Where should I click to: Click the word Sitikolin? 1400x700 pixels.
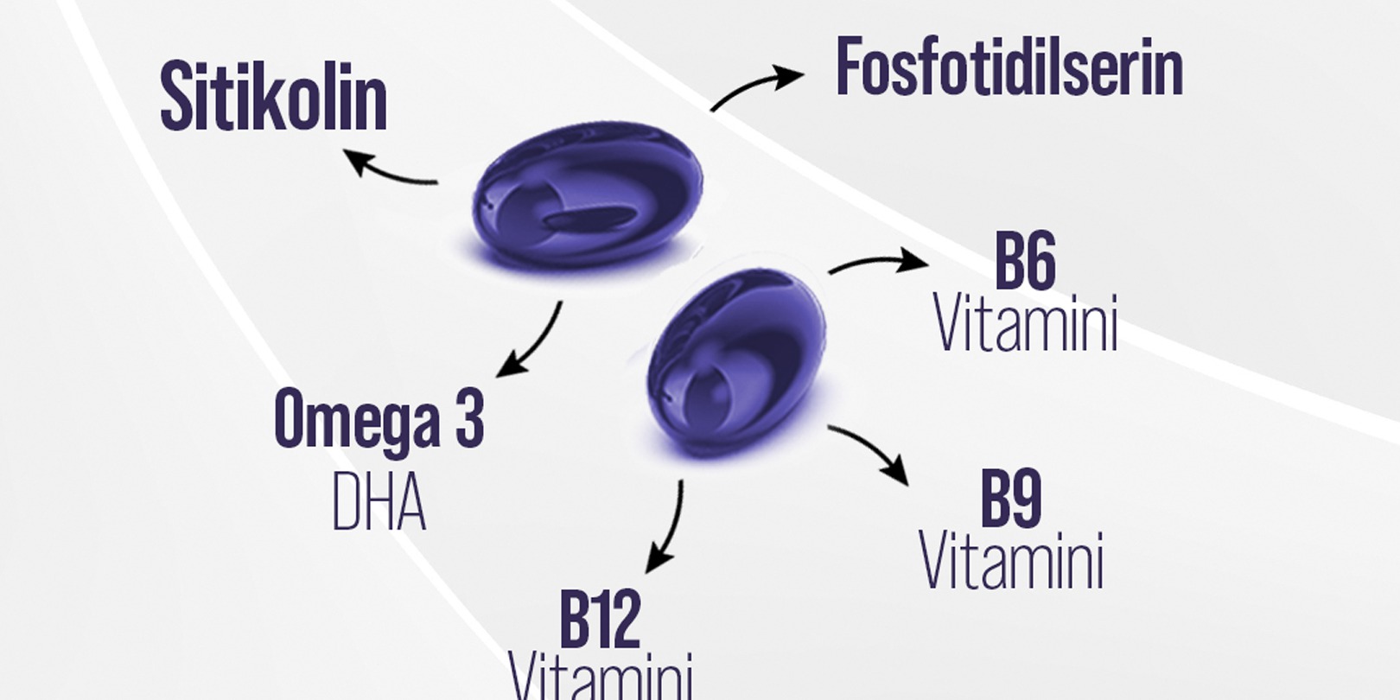[273, 97]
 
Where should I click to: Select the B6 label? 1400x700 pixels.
[1025, 261]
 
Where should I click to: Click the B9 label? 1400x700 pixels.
[1010, 499]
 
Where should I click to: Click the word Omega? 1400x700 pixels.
[355, 420]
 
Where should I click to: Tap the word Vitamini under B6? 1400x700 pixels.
[1026, 324]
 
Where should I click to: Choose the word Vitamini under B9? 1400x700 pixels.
[1011, 562]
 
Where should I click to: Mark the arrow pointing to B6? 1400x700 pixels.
[877, 262]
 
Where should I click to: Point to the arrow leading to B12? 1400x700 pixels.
[666, 527]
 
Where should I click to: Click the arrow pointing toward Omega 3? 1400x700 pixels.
[529, 340]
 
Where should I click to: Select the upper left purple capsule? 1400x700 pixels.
[588, 194]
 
